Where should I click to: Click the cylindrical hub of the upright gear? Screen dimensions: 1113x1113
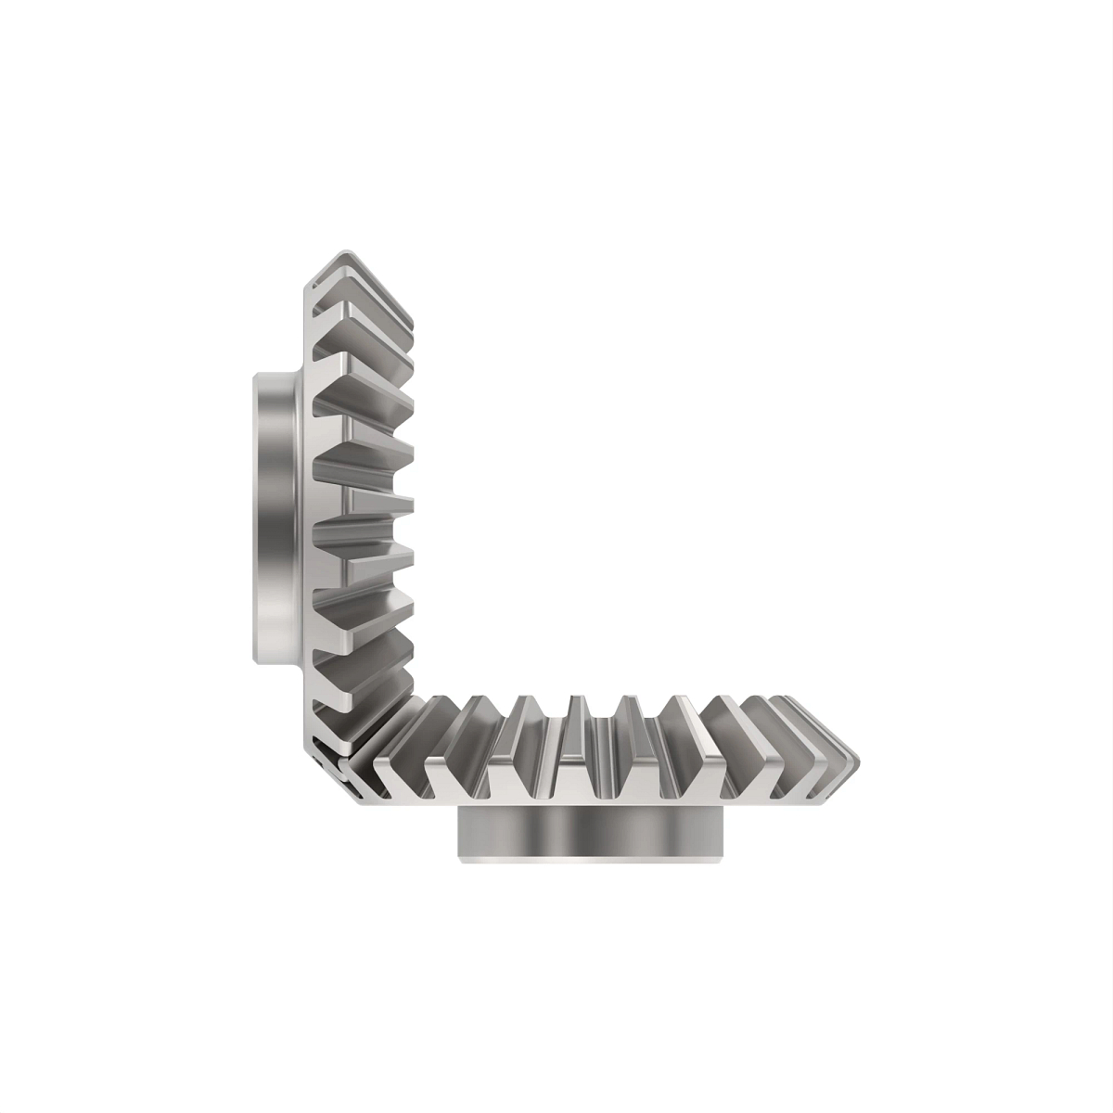(274, 517)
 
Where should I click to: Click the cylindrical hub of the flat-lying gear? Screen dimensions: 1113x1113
(590, 833)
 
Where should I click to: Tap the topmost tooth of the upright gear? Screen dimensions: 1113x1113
(362, 269)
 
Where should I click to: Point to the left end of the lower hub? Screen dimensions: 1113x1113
(462, 833)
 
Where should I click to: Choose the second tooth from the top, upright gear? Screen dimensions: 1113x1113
(366, 315)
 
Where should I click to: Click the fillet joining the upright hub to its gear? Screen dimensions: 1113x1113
(299, 517)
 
